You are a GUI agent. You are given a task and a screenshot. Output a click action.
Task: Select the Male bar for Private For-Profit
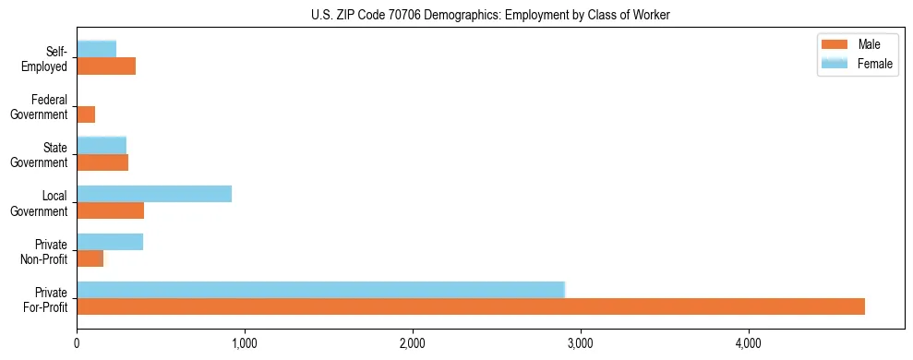click(x=471, y=306)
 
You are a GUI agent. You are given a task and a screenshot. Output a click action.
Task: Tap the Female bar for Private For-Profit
click(x=320, y=290)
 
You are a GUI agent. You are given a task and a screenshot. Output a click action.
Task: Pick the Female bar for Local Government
click(x=154, y=194)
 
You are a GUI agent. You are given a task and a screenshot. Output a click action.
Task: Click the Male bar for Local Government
click(x=110, y=211)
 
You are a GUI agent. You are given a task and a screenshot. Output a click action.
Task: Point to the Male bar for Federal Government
click(x=86, y=114)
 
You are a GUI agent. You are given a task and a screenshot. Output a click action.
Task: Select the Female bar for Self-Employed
click(x=96, y=49)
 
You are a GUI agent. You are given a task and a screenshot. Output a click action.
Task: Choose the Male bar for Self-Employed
click(x=106, y=66)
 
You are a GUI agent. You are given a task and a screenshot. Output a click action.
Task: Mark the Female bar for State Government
click(x=102, y=145)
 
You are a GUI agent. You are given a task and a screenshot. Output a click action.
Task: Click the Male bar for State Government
click(x=102, y=162)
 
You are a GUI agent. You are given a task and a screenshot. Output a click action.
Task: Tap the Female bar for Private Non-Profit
click(x=110, y=242)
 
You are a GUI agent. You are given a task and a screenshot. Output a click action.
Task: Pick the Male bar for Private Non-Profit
click(x=90, y=259)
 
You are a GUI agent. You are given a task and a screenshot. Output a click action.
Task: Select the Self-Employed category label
click(x=44, y=58)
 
